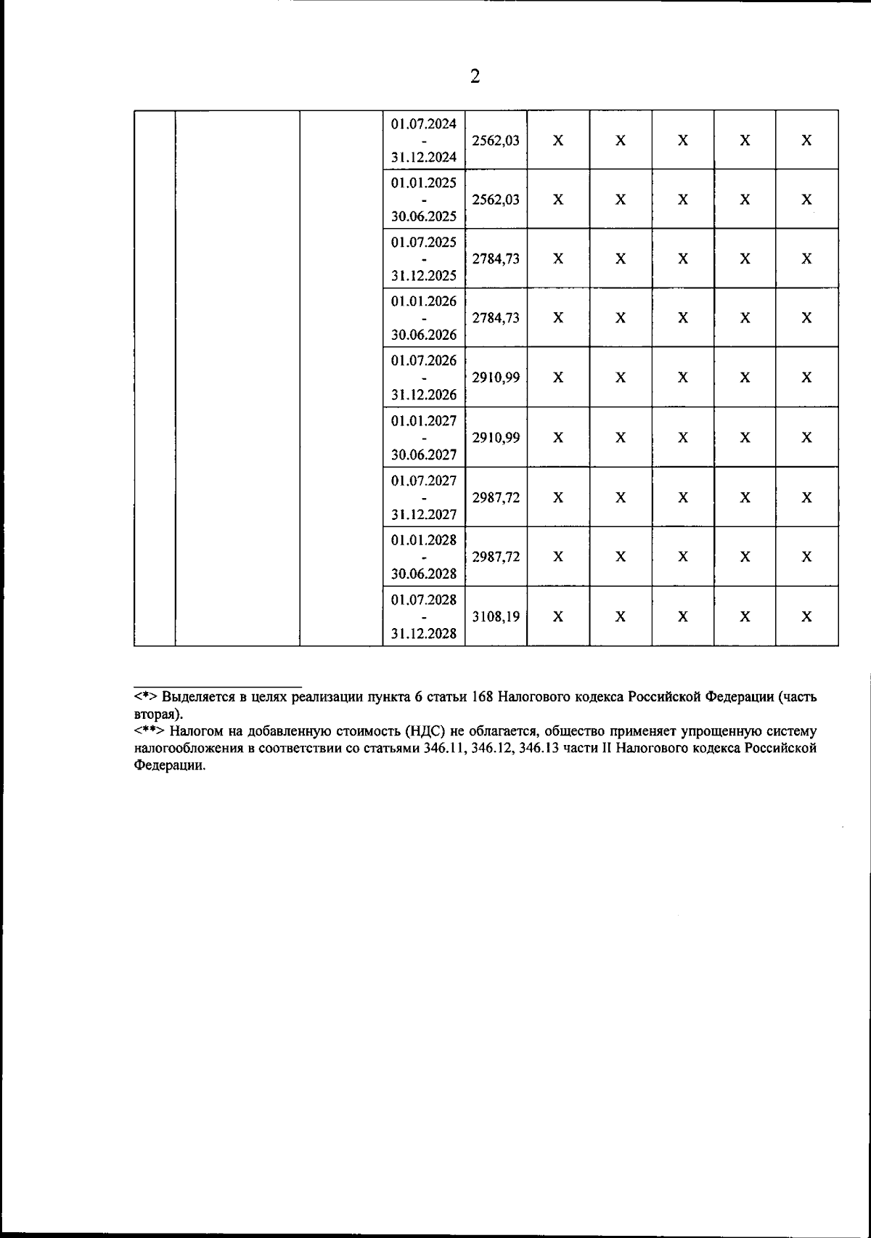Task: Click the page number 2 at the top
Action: point(475,77)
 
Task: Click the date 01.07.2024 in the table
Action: point(424,123)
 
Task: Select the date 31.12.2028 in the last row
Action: point(424,633)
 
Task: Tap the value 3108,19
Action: point(496,616)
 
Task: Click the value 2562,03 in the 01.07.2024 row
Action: point(496,140)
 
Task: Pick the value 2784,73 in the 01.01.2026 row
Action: point(496,318)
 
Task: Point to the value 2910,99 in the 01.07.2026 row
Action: point(496,378)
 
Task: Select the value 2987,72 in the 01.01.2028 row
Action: point(496,557)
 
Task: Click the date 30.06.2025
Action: point(424,216)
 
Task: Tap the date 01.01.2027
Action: point(424,420)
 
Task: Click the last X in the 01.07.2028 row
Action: point(806,616)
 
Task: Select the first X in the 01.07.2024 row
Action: point(557,140)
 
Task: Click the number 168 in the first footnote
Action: point(483,697)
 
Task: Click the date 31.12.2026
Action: point(424,394)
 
